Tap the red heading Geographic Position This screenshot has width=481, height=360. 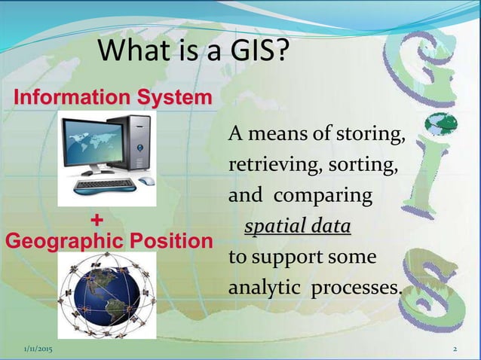109,242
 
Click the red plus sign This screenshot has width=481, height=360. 97,220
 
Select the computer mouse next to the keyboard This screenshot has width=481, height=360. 146,182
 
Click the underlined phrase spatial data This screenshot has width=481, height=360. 296,227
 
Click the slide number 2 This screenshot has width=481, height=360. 455,351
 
